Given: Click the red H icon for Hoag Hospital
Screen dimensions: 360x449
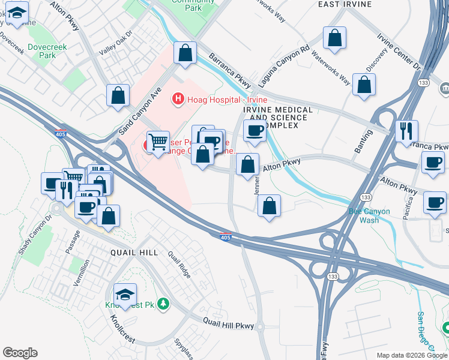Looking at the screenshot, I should (177, 98).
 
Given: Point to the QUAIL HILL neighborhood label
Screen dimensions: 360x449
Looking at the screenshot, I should (134, 253).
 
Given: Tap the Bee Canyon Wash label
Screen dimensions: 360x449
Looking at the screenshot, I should (369, 215).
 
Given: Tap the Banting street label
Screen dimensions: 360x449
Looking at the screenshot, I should (364, 141).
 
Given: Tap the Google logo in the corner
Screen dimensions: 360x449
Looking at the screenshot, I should (20, 353).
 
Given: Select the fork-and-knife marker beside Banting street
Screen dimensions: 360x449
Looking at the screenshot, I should (406, 131).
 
